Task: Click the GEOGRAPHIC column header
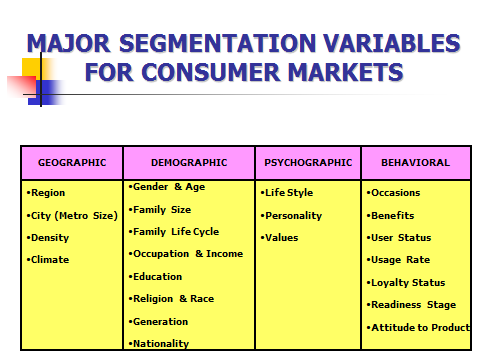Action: pyautogui.click(x=72, y=162)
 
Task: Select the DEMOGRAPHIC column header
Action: pyautogui.click(x=189, y=162)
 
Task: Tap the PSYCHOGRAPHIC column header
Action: pyautogui.click(x=308, y=162)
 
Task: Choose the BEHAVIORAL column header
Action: pyautogui.click(x=415, y=162)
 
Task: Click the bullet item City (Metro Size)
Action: pyautogui.click(x=73, y=215)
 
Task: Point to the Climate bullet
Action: pyautogui.click(x=49, y=259)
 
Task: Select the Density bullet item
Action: pyautogui.click(x=49, y=237)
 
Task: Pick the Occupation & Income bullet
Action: pyautogui.click(x=187, y=253)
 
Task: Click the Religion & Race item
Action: pyautogui.click(x=175, y=298)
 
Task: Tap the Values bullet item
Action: pyautogui.click(x=281, y=237)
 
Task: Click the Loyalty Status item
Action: pyautogui.click(x=406, y=282)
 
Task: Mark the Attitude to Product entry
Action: pyautogui.click(x=419, y=327)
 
